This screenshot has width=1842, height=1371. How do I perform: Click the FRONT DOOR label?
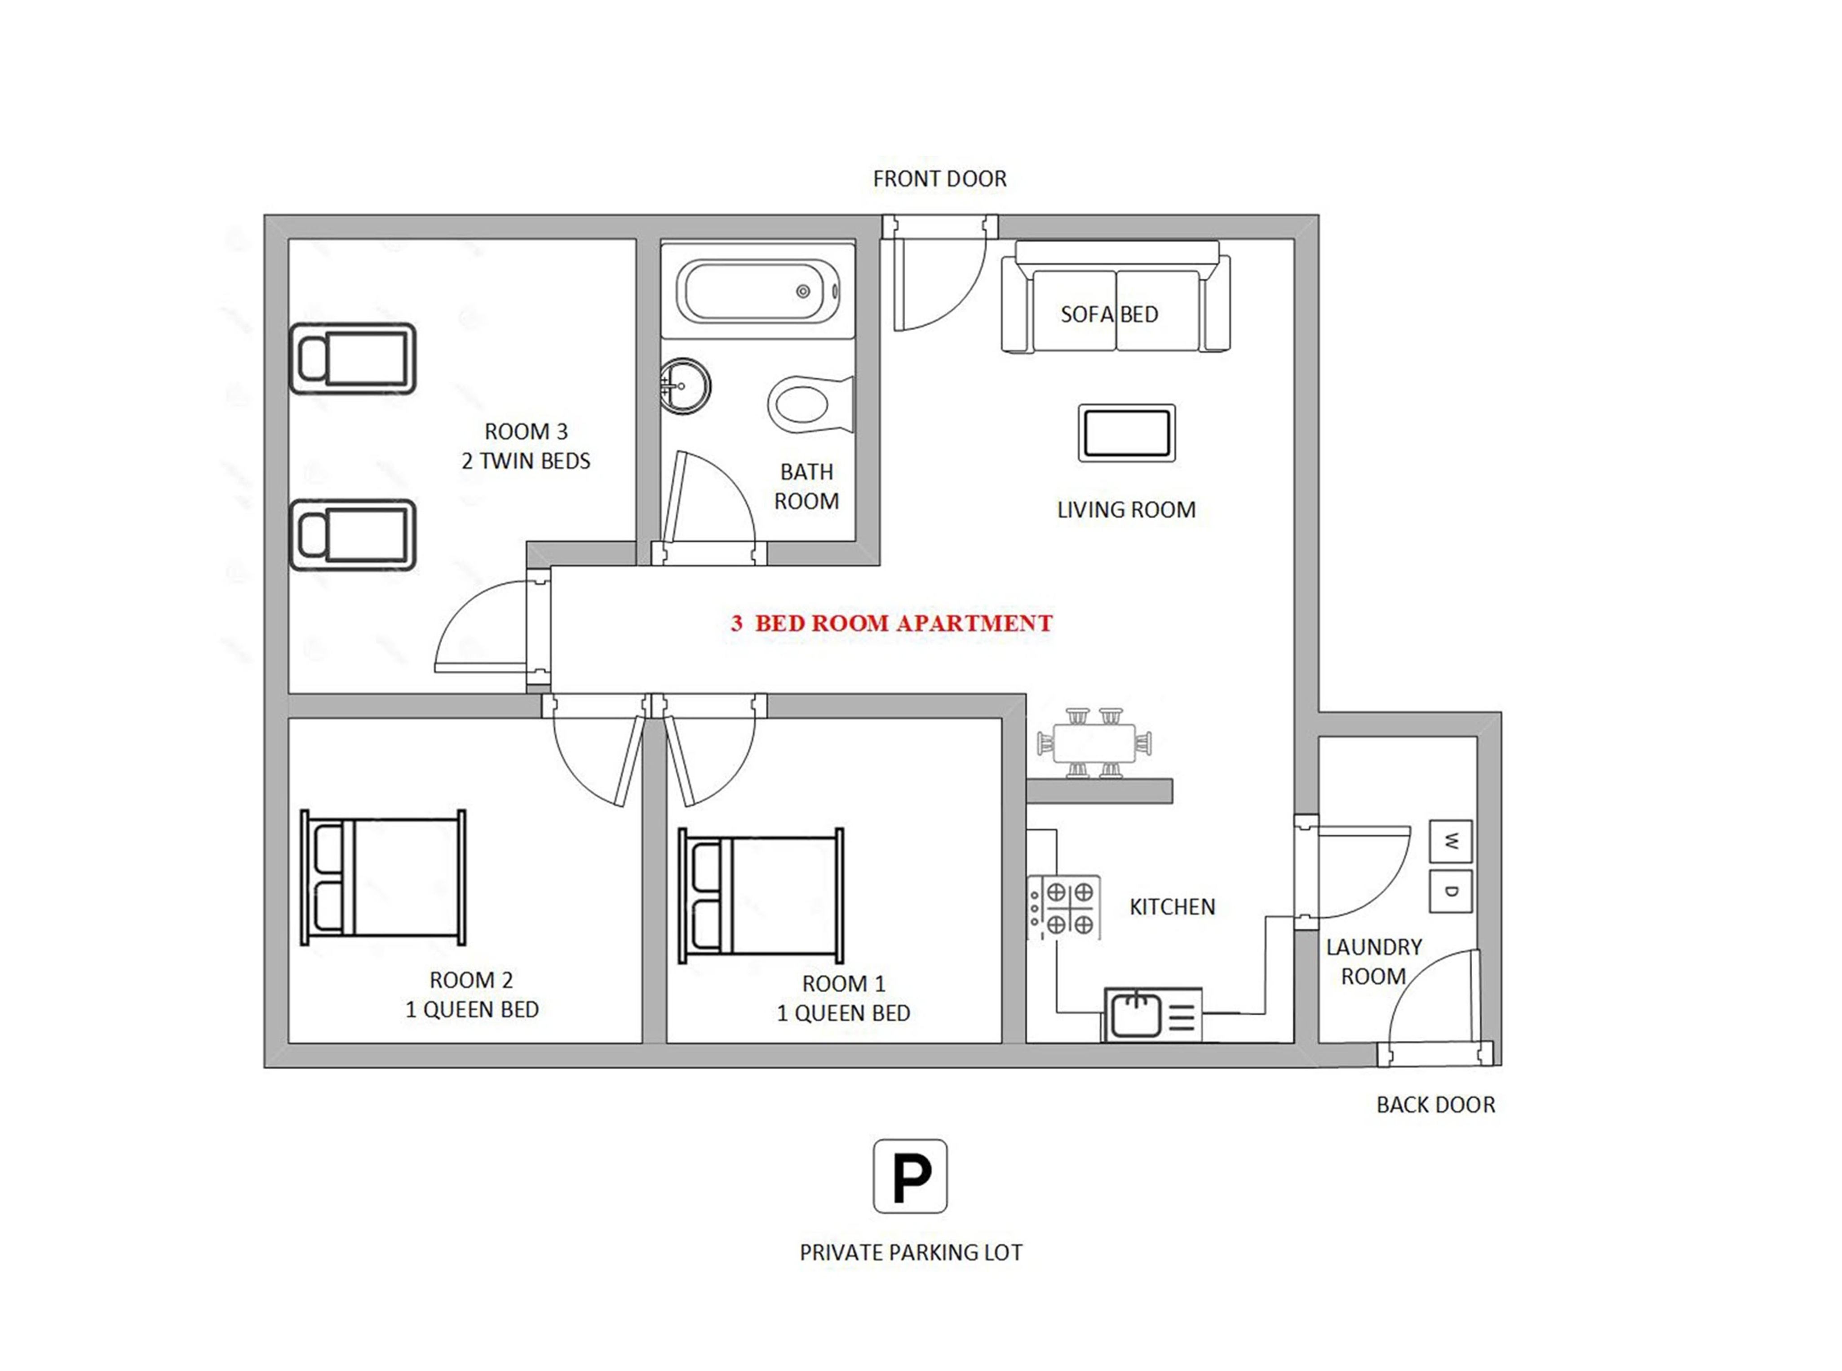pyautogui.click(x=939, y=178)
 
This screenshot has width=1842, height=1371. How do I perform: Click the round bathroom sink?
pyautogui.click(x=685, y=386)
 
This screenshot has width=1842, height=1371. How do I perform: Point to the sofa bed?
pyautogui.click(x=1116, y=297)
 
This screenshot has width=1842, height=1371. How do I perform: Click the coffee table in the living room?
pyautogui.click(x=1126, y=433)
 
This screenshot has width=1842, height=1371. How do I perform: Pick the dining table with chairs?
pyautogui.click(x=1094, y=742)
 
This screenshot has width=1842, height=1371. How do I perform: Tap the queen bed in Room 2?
pyautogui.click(x=383, y=877)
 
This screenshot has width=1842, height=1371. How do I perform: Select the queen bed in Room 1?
pyautogui.click(x=760, y=895)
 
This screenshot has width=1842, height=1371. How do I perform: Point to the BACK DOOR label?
pyautogui.click(x=1435, y=1105)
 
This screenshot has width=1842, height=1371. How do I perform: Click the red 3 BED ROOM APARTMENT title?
pyautogui.click(x=891, y=623)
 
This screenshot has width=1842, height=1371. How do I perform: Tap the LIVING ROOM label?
pyautogui.click(x=1126, y=509)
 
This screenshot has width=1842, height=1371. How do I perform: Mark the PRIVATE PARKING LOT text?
pyautogui.click(x=911, y=1252)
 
